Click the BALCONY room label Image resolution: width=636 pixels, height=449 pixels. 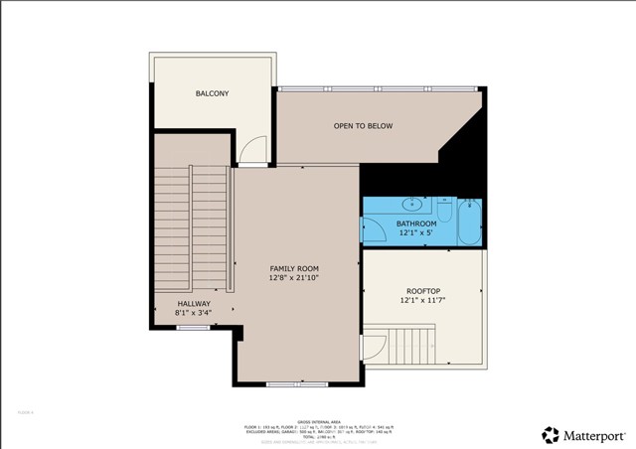coord(212,94)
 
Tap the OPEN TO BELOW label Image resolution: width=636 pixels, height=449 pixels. coord(363,126)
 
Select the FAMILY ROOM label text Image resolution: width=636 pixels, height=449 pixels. coord(294,268)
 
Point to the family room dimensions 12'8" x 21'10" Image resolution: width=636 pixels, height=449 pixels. coord(294,279)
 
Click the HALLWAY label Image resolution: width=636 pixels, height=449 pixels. coord(194,304)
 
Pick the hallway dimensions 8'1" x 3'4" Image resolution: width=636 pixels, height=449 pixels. coord(194,315)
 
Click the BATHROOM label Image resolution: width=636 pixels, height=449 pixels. coord(416,224)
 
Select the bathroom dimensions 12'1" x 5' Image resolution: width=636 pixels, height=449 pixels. coord(416,234)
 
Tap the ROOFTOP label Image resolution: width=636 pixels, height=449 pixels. coord(422,290)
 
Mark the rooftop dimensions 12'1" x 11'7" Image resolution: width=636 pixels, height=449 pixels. coord(422,300)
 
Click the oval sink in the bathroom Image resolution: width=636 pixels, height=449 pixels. coord(409,205)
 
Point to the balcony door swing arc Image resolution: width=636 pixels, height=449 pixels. coord(257,150)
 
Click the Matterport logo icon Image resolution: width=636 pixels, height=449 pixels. coord(550,434)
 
